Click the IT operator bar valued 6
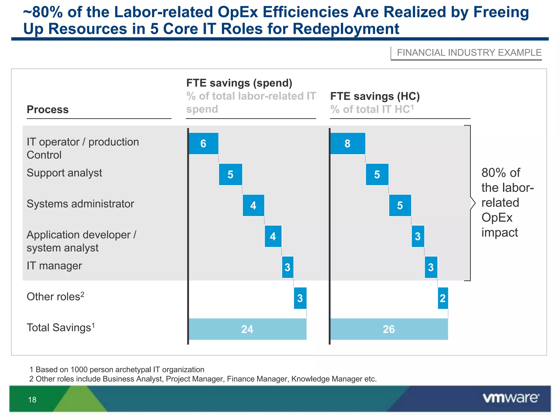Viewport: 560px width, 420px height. (x=203, y=144)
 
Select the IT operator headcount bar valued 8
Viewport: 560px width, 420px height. (x=348, y=144)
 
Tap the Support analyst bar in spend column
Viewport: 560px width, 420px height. (x=231, y=174)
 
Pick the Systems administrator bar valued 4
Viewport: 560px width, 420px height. (x=253, y=205)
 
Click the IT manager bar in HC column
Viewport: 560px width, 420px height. (x=431, y=267)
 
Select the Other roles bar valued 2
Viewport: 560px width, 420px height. (x=443, y=298)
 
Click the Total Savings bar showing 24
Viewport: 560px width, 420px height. (x=247, y=329)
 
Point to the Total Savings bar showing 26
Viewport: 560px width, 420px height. (x=389, y=329)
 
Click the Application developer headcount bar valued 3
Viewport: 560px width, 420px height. (x=418, y=236)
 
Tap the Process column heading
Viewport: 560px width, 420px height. (x=48, y=110)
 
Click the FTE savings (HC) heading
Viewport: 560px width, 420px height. (x=375, y=96)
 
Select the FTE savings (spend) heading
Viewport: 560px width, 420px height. (x=239, y=83)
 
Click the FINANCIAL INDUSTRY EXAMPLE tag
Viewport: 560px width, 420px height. (x=469, y=52)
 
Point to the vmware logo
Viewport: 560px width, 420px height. (x=511, y=398)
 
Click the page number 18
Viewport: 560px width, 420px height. (x=32, y=400)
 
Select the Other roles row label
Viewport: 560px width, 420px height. (x=55, y=297)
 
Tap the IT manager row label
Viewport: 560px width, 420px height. (x=54, y=266)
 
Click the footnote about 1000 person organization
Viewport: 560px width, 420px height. (x=117, y=370)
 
